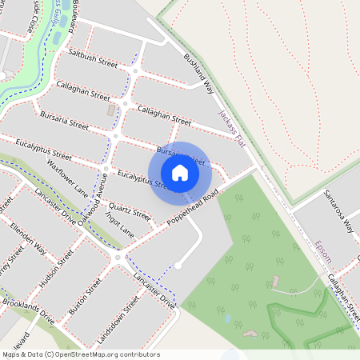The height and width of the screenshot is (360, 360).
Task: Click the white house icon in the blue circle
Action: click(179, 172)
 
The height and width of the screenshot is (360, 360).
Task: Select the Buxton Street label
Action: click(83, 298)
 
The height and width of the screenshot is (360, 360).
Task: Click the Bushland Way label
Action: click(199, 70)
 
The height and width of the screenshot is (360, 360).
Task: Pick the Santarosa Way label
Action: click(339, 210)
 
